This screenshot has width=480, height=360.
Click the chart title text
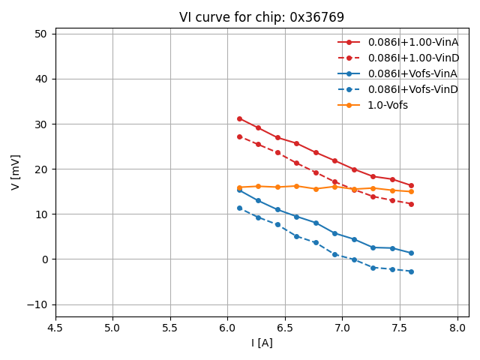pyautogui.click(x=262, y=17)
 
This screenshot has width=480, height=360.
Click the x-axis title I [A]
pyautogui.click(x=262, y=343)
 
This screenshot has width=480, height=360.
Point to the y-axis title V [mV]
pyautogui.click(x=16, y=172)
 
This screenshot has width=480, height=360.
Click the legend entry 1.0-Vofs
pyautogui.click(x=388, y=105)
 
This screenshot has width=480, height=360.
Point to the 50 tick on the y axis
pyautogui.click(x=40, y=34)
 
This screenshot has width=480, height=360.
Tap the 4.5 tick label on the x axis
pyautogui.click(x=55, y=328)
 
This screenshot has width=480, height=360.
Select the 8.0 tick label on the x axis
pyautogui.click(x=457, y=328)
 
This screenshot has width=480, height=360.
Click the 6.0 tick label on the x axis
pyautogui.click(x=228, y=328)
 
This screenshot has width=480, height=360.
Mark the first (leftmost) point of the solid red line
pyautogui.click(x=239, y=118)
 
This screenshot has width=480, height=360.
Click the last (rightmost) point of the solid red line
pyautogui.click(x=411, y=185)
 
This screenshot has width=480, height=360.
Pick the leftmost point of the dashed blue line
pyautogui.click(x=239, y=208)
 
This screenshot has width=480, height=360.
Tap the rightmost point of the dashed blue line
pyautogui.click(x=411, y=271)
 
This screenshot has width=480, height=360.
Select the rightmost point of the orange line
pyautogui.click(x=411, y=191)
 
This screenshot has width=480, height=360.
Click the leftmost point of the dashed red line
pyautogui.click(x=239, y=136)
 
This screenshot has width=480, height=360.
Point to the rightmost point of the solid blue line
pyautogui.click(x=411, y=253)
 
